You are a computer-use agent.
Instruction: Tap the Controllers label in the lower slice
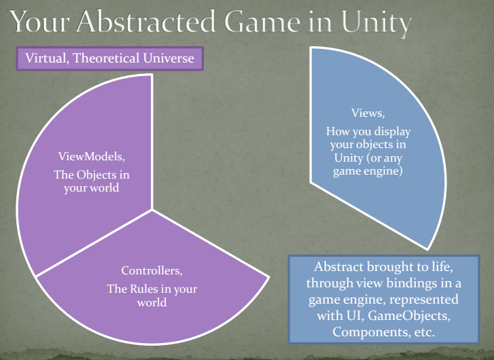(151, 272)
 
